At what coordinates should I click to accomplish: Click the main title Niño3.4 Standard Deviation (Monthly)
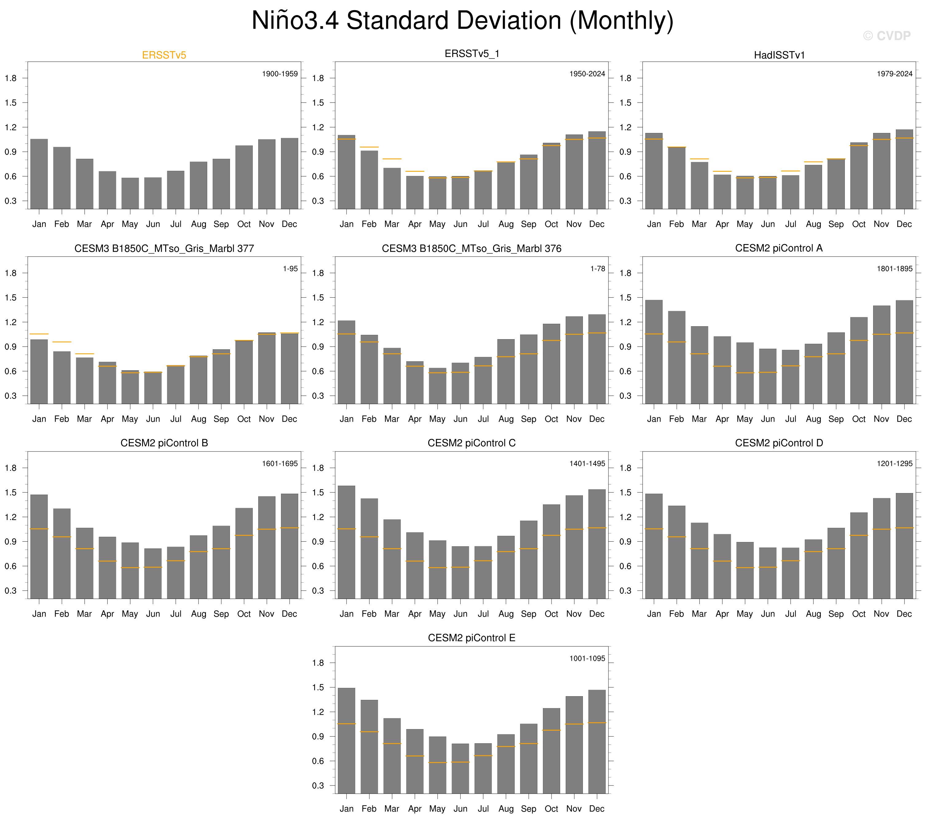click(x=463, y=21)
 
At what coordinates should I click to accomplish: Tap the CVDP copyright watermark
click(x=887, y=36)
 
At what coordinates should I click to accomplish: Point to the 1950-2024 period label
click(x=587, y=74)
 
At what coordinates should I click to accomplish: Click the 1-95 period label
click(x=291, y=269)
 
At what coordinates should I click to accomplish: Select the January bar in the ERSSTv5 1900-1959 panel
click(x=39, y=174)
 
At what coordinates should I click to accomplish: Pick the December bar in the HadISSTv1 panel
click(x=904, y=169)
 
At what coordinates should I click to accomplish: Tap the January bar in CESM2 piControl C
click(x=346, y=542)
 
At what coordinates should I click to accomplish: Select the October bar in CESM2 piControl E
click(x=551, y=751)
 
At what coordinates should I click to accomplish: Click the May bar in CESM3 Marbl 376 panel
click(x=437, y=386)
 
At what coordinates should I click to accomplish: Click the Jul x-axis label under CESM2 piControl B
click(x=176, y=614)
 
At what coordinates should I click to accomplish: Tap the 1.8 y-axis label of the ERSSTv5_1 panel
click(x=318, y=78)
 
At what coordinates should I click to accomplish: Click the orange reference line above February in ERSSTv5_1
click(x=369, y=147)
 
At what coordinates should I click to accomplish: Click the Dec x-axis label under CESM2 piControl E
click(x=597, y=809)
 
